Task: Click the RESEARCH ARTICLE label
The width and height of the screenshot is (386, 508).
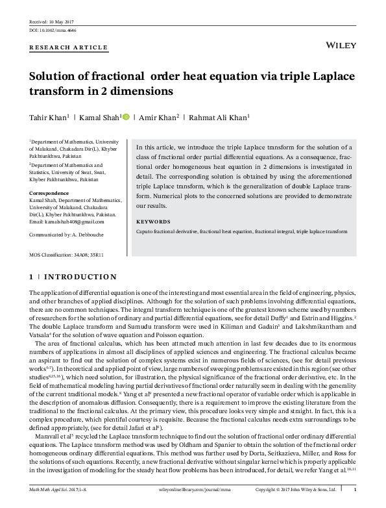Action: [x=60, y=49]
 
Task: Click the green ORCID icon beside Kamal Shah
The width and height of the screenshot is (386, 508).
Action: [x=126, y=117]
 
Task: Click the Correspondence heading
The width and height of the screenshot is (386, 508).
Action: [x=49, y=194]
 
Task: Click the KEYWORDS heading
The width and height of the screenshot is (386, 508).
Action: [x=153, y=221]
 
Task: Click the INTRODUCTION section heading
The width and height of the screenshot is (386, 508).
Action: [x=79, y=277]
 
